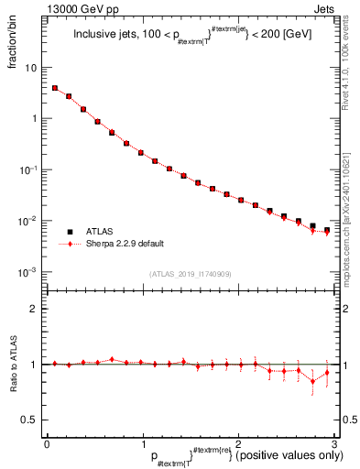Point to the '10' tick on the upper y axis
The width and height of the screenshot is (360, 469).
pos(30,68)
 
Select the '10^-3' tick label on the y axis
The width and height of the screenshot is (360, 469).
pos(28,273)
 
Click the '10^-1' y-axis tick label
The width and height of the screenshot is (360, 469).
pos(28,170)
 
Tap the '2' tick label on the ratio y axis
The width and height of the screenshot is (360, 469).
pos(34,309)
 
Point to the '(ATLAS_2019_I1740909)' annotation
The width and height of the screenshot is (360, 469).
pos(190,274)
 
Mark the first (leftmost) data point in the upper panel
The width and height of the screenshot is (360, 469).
pos(55,89)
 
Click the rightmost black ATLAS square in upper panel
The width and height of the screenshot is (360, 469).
pos(327,230)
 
